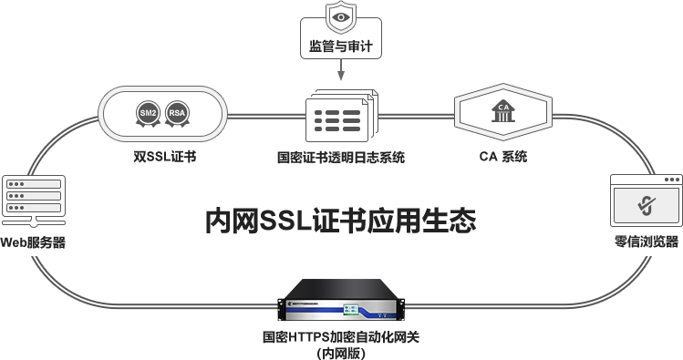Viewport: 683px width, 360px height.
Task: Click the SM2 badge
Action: [147, 114]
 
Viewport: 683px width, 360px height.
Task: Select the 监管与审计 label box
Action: [341, 46]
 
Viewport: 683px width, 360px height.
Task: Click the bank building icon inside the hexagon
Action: [502, 112]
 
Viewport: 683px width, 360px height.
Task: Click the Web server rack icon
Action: [34, 199]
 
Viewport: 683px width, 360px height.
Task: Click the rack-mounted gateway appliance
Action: [341, 300]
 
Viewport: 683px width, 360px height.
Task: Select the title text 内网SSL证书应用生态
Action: [341, 221]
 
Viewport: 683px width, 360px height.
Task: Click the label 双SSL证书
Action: [165, 156]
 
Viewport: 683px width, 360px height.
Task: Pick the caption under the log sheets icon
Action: [341, 157]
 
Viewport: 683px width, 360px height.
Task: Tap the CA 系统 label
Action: [502, 156]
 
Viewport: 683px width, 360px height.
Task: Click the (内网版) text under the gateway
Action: [341, 352]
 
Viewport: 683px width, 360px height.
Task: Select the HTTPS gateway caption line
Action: [341, 337]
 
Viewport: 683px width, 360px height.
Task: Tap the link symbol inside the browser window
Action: [646, 205]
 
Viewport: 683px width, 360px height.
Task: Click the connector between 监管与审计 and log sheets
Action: [341, 75]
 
